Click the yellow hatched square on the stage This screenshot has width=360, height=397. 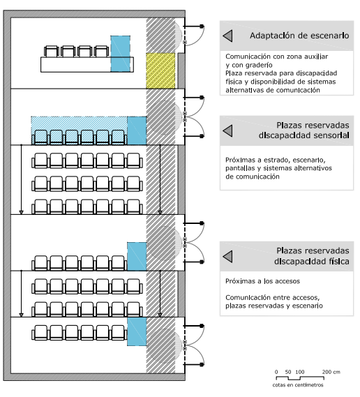[160, 70]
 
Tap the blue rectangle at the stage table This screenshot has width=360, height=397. [121, 54]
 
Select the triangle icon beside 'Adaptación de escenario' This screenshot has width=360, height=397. [227, 36]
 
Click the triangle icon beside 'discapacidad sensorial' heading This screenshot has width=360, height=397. [227, 131]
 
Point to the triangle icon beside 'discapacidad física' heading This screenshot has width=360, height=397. [227, 257]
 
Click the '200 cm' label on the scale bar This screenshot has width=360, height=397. [331, 372]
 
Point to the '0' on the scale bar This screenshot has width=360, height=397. [276, 372]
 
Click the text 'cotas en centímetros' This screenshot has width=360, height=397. [298, 385]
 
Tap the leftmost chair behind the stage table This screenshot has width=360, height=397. [52, 52]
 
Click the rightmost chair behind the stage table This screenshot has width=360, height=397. [102, 52]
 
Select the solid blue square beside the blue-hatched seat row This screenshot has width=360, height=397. [137, 130]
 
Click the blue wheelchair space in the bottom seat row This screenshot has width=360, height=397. [137, 332]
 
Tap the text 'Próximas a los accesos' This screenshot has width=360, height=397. [262, 281]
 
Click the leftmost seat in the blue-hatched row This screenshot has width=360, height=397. [40, 137]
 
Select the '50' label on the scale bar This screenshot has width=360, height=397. [288, 372]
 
